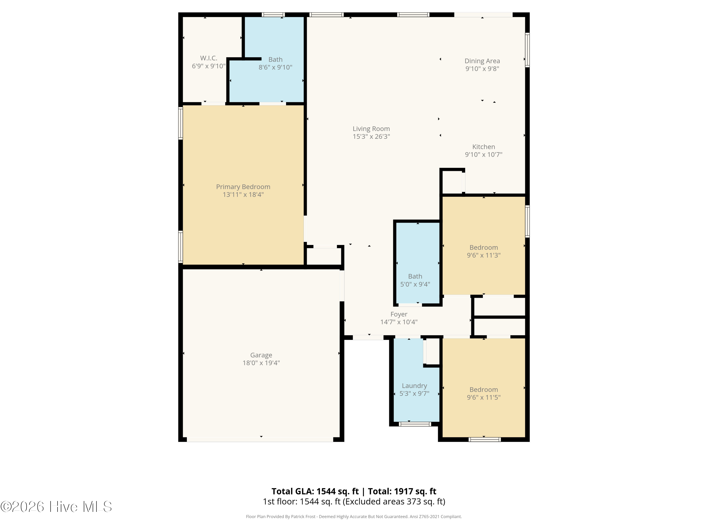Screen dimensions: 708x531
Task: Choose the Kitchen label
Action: (x=483, y=147)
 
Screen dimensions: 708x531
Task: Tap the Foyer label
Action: (x=399, y=315)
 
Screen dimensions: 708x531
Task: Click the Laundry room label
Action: (x=414, y=386)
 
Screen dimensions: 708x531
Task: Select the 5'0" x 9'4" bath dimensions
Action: (x=415, y=284)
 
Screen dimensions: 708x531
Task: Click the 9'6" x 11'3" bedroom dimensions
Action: (x=483, y=255)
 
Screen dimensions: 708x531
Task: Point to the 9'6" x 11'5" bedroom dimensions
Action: (x=483, y=397)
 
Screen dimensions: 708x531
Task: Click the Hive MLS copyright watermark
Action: (x=56, y=507)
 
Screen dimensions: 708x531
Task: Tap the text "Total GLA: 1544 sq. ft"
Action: (x=315, y=491)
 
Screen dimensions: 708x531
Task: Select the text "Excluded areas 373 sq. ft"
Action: (x=394, y=501)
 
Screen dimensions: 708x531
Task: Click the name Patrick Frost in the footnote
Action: (x=303, y=517)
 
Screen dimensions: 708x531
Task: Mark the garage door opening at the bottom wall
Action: (x=260, y=439)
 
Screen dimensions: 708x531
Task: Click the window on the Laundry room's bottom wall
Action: (x=415, y=424)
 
